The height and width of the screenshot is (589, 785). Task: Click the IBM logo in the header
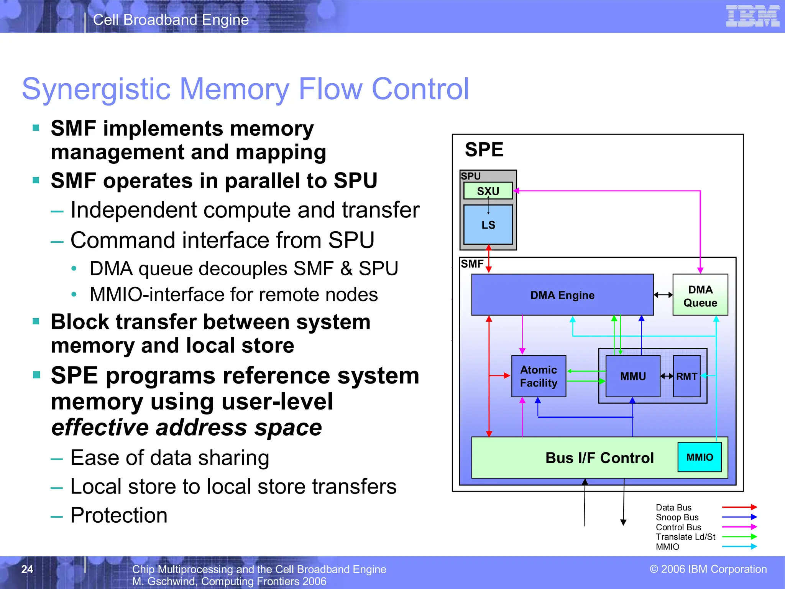[752, 16]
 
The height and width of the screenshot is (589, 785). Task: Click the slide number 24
[27, 569]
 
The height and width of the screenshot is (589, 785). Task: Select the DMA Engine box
[562, 295]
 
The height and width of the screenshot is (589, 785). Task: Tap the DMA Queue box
[700, 295]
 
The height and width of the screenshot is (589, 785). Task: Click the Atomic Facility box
[539, 376]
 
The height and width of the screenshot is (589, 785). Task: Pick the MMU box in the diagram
[633, 376]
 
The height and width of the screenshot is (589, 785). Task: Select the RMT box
[686, 376]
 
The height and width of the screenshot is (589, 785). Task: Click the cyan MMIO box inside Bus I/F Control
[700, 457]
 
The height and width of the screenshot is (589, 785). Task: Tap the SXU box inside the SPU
[488, 191]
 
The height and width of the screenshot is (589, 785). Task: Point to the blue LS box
[488, 225]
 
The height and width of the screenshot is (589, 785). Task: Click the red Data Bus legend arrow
[739, 507]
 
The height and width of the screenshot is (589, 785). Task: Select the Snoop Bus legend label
[677, 517]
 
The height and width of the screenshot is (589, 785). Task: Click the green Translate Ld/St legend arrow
[739, 536]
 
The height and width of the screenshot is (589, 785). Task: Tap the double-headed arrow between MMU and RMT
[667, 376]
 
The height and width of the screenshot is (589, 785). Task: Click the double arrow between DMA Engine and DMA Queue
[663, 295]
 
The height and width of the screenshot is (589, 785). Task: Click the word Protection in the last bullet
[119, 515]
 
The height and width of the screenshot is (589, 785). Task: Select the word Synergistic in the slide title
[96, 89]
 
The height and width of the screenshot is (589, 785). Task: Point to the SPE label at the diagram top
[484, 150]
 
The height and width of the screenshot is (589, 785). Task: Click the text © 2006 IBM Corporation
[708, 569]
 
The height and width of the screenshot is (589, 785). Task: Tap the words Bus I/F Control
[599, 458]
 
